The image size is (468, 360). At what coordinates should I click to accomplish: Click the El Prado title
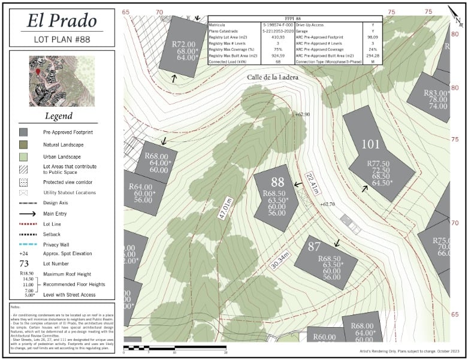click(62, 20)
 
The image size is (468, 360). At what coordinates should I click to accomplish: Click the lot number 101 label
click(371, 144)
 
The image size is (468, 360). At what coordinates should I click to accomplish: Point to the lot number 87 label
click(314, 246)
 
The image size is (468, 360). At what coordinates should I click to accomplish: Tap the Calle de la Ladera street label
click(272, 77)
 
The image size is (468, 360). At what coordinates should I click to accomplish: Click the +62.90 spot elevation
click(302, 114)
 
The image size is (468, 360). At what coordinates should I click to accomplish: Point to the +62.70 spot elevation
click(327, 205)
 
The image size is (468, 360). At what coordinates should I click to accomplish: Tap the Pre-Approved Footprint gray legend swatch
click(23, 132)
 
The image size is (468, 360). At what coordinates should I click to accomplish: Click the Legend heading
click(59, 116)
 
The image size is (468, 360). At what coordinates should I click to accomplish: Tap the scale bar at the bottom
click(175, 347)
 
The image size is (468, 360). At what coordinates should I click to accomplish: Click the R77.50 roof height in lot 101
click(378, 163)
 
